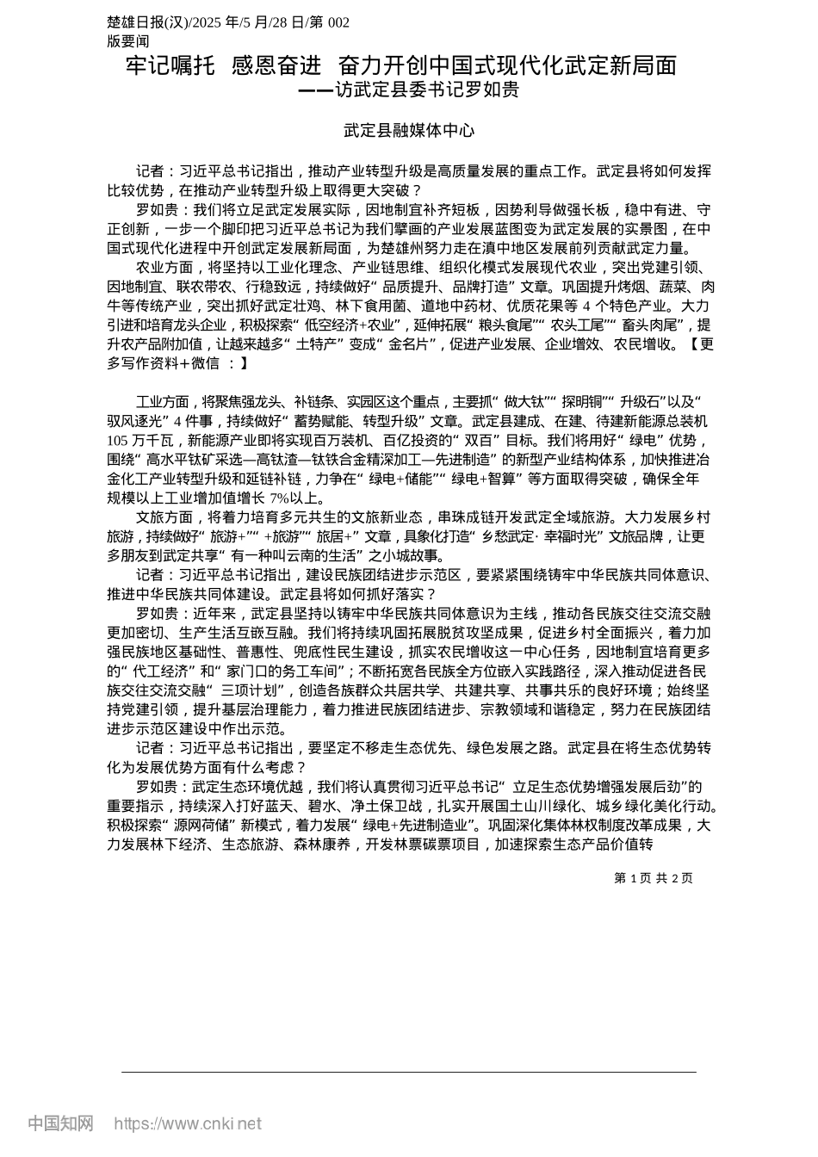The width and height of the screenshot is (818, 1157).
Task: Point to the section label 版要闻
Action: (128, 40)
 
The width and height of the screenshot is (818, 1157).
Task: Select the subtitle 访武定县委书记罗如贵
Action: (427, 90)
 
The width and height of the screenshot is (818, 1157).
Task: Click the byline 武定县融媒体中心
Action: (409, 131)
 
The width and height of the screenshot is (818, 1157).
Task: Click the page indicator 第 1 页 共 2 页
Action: (653, 878)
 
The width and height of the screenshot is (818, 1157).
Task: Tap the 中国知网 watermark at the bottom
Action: (60, 1123)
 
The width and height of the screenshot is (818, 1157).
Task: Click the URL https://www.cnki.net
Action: (188, 1123)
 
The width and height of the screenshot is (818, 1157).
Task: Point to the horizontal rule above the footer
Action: (409, 1072)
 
